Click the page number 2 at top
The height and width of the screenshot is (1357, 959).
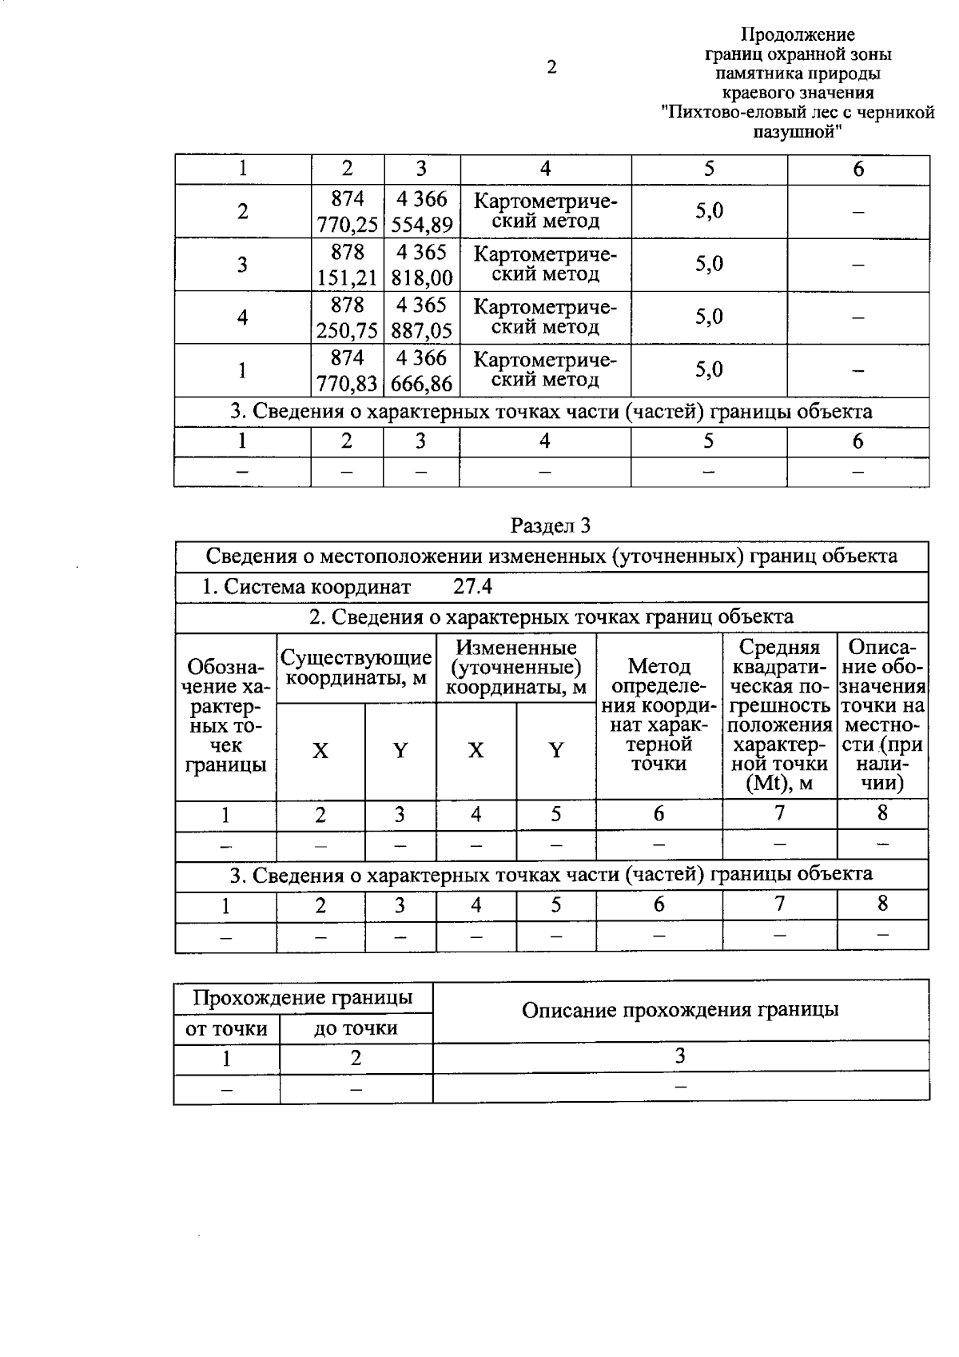(x=551, y=67)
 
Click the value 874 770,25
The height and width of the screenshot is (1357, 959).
(x=347, y=212)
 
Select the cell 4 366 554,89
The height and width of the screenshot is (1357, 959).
(x=422, y=212)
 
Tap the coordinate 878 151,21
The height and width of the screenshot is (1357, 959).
(x=347, y=265)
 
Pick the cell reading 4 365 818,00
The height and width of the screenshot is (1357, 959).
(x=422, y=265)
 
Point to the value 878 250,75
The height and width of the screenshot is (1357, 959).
(x=347, y=317)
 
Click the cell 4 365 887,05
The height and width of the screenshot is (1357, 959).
(x=422, y=317)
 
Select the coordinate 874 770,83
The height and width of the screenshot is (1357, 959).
(x=347, y=370)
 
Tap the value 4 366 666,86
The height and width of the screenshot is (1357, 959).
(x=422, y=370)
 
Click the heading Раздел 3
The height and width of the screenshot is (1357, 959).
(x=551, y=525)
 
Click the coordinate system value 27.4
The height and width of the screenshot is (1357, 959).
(x=473, y=587)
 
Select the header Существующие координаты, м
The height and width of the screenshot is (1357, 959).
(x=356, y=669)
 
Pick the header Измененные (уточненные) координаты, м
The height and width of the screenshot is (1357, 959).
(x=516, y=668)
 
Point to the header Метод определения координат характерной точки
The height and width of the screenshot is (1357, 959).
(x=659, y=715)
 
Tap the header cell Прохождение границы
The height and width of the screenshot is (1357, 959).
(x=303, y=998)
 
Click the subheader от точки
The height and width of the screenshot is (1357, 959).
(x=226, y=1028)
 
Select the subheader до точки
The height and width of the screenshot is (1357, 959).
(x=356, y=1028)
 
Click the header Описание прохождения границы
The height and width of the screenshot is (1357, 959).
(x=680, y=1010)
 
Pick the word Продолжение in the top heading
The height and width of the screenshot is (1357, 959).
(x=798, y=35)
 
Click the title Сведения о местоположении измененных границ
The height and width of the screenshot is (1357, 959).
(x=551, y=557)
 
